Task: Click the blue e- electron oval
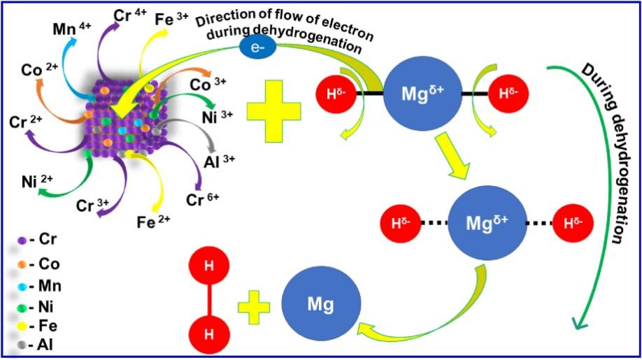pyautogui.click(x=257, y=48)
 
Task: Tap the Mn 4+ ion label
pyautogui.click(x=72, y=29)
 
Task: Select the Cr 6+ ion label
pyautogui.click(x=202, y=200)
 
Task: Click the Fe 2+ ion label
pyautogui.click(x=153, y=222)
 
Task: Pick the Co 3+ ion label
pyautogui.click(x=208, y=85)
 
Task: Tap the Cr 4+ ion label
pyautogui.click(x=130, y=15)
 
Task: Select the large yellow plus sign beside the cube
pyautogui.click(x=274, y=111)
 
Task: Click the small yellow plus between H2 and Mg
pyautogui.click(x=254, y=308)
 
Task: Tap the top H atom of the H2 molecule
pyautogui.click(x=209, y=266)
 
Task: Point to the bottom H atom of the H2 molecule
pyautogui.click(x=209, y=334)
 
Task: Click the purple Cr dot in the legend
pyautogui.click(x=22, y=241)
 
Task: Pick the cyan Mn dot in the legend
pyautogui.click(x=22, y=287)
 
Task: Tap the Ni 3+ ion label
pyautogui.click(x=217, y=117)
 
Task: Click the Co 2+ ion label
pyautogui.click(x=39, y=70)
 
